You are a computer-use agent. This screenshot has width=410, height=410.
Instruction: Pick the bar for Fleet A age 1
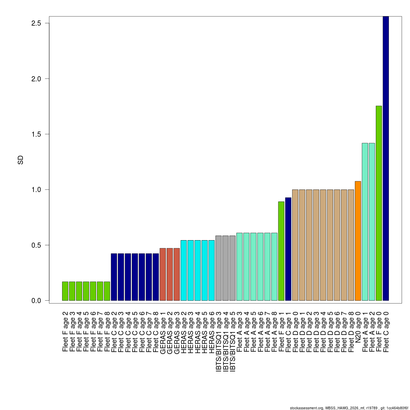tap(365, 222)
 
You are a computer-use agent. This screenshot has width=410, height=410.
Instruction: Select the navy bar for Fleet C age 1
tap(288, 249)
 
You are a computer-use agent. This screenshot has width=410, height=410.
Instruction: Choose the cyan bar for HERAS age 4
tap(197, 270)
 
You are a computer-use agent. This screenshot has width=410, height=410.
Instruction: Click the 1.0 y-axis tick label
tap(36, 190)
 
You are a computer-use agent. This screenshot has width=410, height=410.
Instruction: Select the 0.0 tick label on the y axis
tap(36, 301)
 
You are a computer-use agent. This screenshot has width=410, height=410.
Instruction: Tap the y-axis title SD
tap(20, 160)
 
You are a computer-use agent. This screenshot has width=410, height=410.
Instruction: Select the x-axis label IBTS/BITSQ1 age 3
tap(219, 341)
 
